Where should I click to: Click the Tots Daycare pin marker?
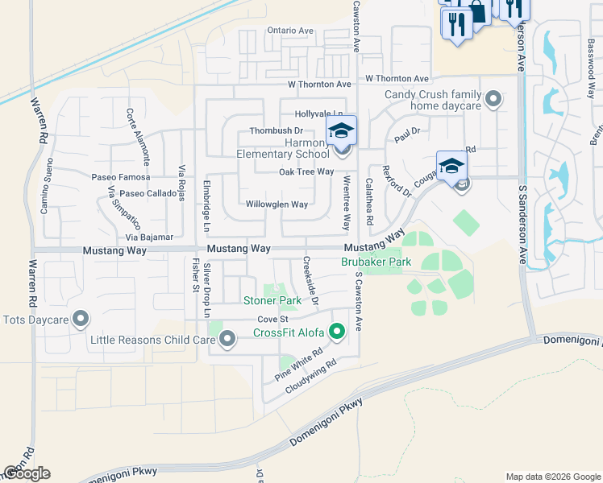pos(80,320)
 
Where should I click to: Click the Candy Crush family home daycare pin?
pos(493,100)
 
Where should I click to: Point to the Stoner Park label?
pos(272,301)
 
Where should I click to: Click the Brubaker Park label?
pos(376,262)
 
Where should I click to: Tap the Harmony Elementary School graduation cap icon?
pos(341,130)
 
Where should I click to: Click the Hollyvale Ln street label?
pos(319,114)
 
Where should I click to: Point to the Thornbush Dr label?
pos(276,130)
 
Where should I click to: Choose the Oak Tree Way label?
pos(306,171)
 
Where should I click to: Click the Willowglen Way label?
pos(277,204)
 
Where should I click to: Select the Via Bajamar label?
pos(149,237)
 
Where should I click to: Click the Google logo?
pos(27,473)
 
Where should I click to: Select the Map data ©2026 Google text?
pos(552,477)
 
